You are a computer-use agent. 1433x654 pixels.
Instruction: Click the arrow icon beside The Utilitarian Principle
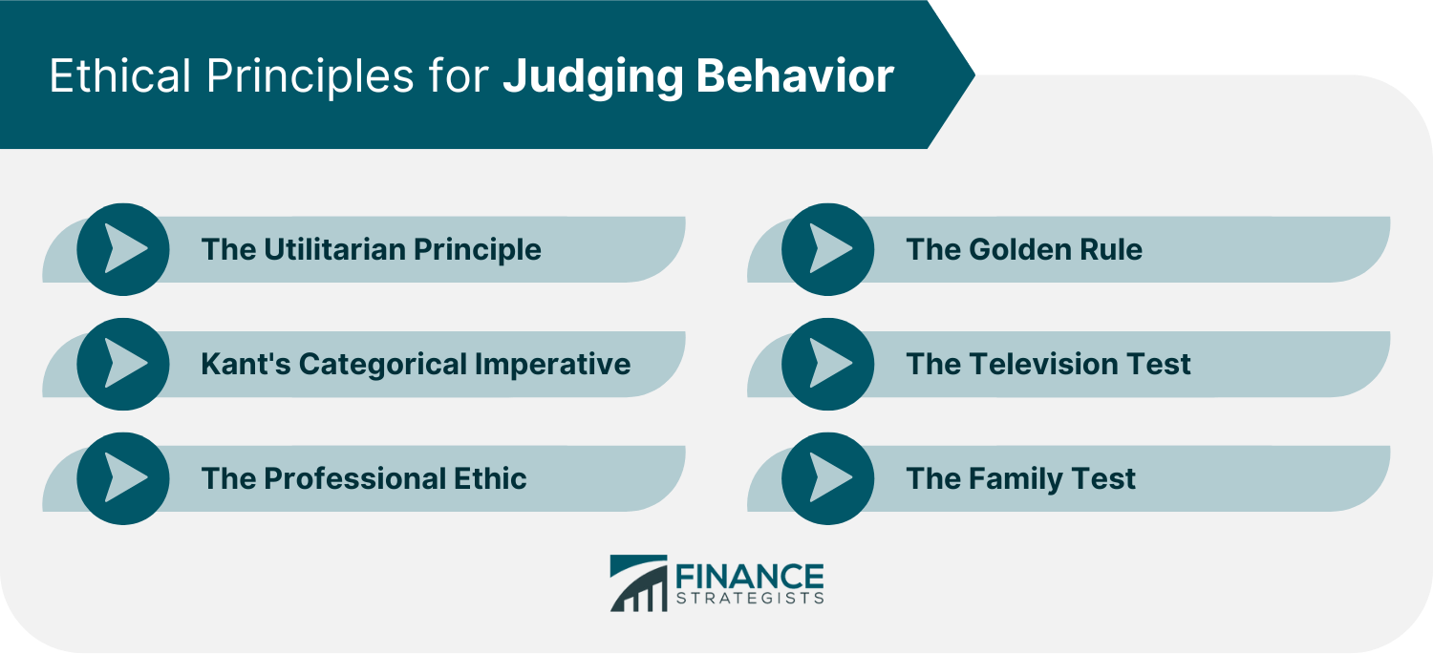[x=123, y=249]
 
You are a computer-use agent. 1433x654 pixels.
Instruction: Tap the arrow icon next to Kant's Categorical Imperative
[x=123, y=364]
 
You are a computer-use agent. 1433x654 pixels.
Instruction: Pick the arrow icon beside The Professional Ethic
[x=123, y=478]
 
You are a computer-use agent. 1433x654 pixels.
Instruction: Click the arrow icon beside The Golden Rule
[x=827, y=249]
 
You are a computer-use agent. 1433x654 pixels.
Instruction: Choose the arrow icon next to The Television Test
[x=827, y=364]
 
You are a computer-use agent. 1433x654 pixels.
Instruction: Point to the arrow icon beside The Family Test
[x=827, y=478]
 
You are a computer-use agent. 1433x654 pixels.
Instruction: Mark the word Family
[x=1017, y=478]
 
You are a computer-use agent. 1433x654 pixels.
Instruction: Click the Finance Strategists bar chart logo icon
[x=638, y=583]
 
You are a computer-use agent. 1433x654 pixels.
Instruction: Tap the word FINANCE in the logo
[x=749, y=577]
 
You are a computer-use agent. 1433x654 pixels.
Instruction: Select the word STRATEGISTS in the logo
[x=749, y=599]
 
